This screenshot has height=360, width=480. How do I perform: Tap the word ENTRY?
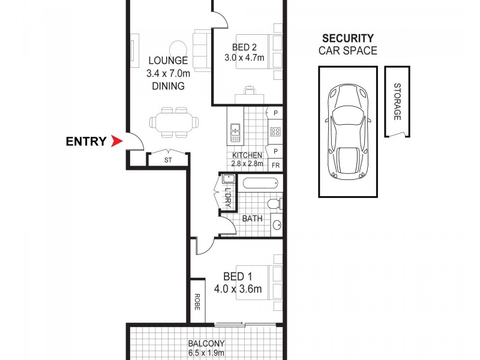[x=86, y=142]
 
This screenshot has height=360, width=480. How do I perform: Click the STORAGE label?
[x=397, y=102]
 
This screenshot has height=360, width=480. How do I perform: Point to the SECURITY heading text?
[x=347, y=38]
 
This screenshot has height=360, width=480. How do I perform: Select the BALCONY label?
[x=206, y=344]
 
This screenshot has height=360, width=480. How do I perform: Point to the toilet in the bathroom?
[x=275, y=205]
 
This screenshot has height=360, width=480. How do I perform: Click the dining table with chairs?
[x=173, y=122]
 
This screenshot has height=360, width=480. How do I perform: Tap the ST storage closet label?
[x=168, y=160]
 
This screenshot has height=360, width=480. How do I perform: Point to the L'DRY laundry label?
[x=228, y=198]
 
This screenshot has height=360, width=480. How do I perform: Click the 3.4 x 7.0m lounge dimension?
[x=169, y=73]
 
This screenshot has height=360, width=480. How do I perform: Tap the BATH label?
[x=252, y=218]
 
